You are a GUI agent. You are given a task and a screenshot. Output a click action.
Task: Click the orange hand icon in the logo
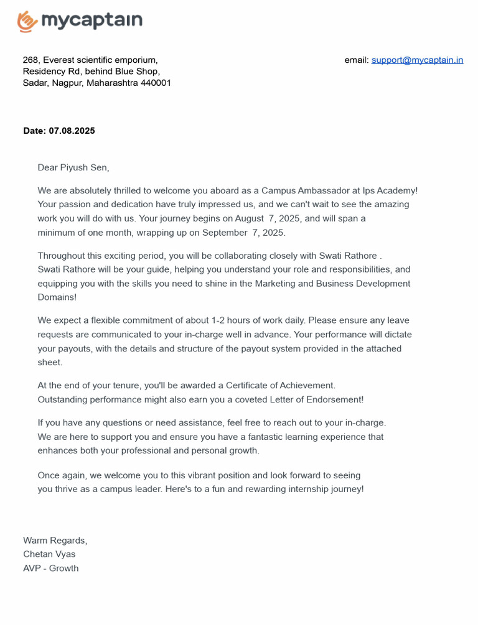(27, 22)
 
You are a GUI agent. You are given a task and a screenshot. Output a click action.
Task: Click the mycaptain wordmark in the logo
(91, 21)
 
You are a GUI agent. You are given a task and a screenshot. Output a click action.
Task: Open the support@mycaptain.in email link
(417, 60)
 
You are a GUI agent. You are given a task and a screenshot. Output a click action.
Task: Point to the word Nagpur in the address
(68, 83)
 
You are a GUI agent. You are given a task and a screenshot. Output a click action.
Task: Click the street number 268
(30, 60)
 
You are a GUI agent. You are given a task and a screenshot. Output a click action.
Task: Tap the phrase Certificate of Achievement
(280, 386)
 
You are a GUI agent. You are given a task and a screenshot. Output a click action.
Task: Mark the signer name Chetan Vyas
(49, 554)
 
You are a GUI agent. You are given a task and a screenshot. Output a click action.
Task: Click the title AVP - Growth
(51, 568)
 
